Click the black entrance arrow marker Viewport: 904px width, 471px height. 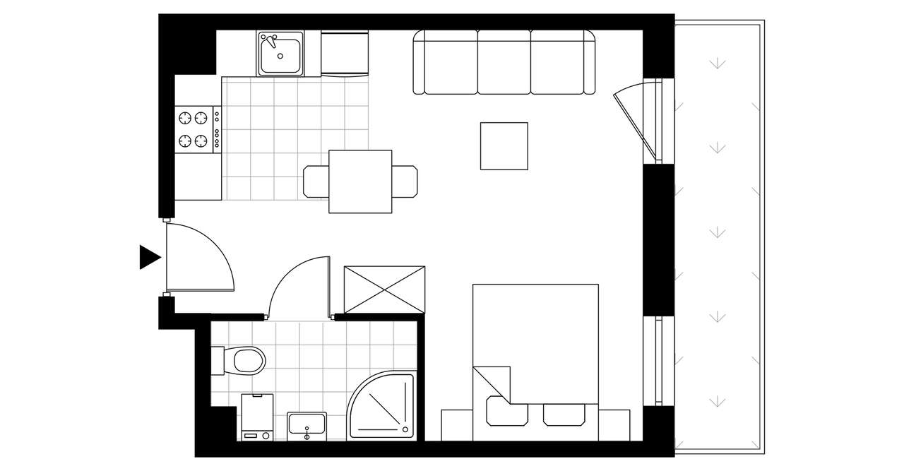tap(149, 257)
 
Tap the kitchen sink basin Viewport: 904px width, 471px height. tap(280, 54)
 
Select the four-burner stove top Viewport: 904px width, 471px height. tap(196, 129)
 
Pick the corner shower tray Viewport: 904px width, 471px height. tap(381, 406)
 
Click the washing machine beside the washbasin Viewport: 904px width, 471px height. tap(257, 417)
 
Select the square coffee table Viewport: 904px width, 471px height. tap(504, 146)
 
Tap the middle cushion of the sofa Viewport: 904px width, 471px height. tap(504, 62)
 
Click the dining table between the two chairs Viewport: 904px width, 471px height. tap(360, 181)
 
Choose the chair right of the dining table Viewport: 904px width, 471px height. tap(405, 181)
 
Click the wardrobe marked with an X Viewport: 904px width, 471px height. tap(384, 290)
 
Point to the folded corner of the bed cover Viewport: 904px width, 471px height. tap(494, 383)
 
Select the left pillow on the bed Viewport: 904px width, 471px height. tap(506, 413)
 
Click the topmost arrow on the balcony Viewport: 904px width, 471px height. tap(718, 64)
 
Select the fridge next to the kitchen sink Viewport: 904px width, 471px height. tap(345, 53)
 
